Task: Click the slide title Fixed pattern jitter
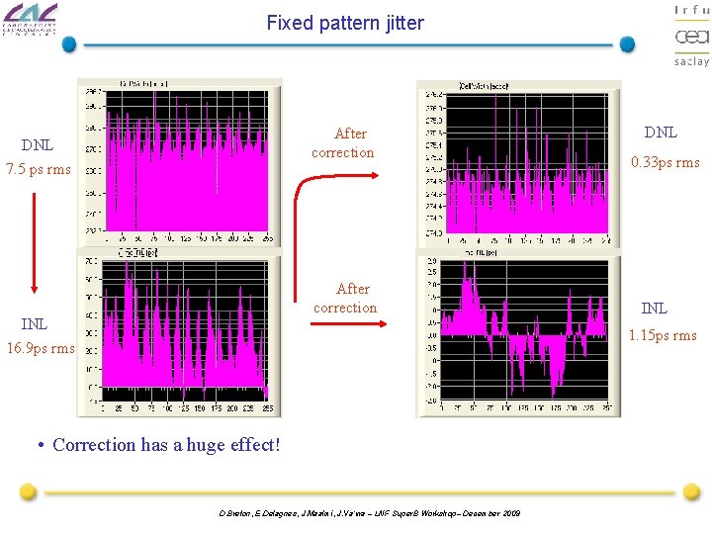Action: (345, 22)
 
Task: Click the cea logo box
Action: (691, 38)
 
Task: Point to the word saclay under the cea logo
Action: (691, 61)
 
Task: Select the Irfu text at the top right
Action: (691, 10)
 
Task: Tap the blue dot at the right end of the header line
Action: (627, 44)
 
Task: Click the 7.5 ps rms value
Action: (39, 169)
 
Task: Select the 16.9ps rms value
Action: (41, 347)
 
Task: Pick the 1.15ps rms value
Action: (663, 335)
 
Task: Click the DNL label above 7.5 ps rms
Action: (38, 145)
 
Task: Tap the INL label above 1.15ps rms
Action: (654, 309)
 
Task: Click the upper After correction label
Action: (343, 143)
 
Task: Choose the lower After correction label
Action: (345, 299)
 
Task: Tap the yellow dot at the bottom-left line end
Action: (29, 491)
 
